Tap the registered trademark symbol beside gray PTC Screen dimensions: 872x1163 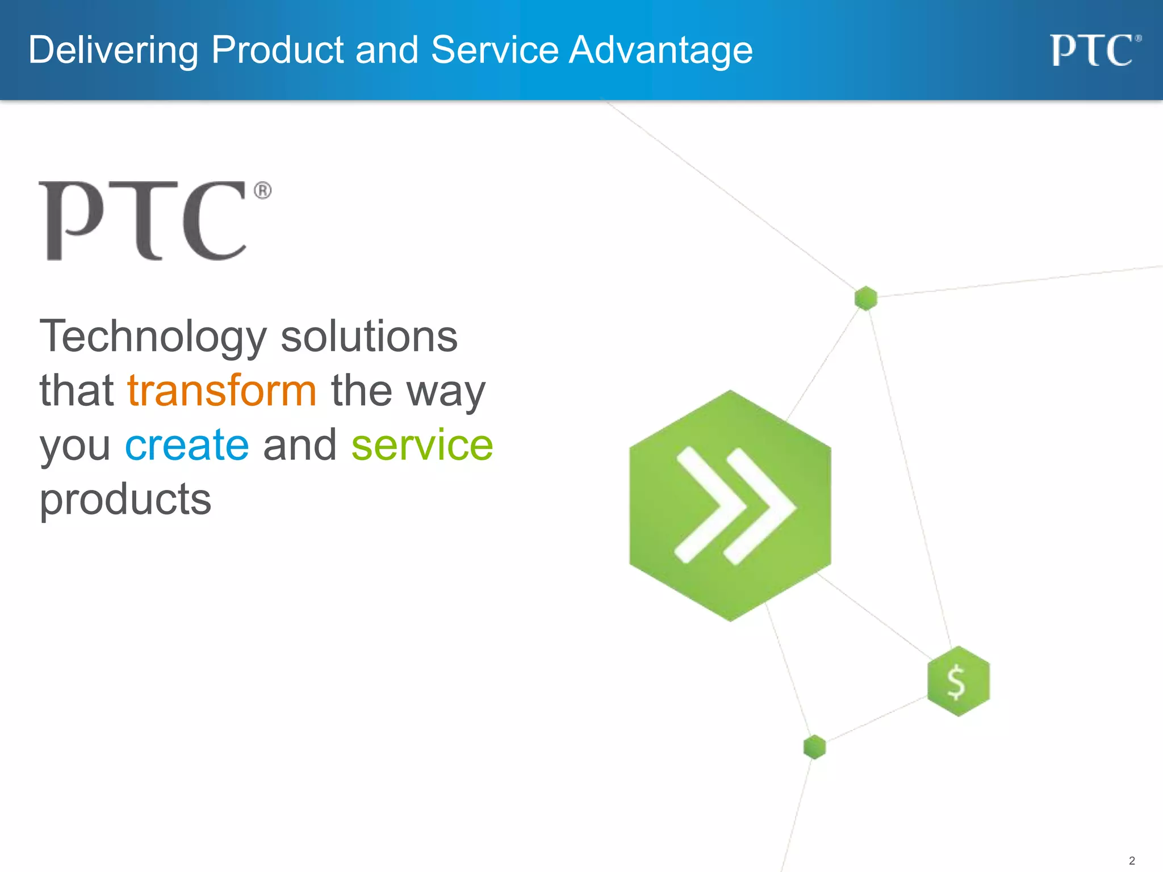point(262,190)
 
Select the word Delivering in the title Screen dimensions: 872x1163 point(113,50)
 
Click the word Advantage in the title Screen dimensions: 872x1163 point(660,50)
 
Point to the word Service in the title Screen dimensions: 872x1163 point(495,50)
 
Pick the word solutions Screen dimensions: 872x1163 point(369,337)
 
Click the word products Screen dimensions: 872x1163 point(125,500)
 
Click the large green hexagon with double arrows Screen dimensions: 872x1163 point(730,506)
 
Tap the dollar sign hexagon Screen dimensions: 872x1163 point(958,681)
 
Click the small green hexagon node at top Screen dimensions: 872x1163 point(865,298)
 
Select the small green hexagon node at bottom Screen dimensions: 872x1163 point(814,747)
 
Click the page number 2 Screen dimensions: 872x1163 point(1131,861)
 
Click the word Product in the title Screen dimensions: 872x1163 point(277,50)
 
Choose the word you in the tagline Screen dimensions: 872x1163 point(75,446)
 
